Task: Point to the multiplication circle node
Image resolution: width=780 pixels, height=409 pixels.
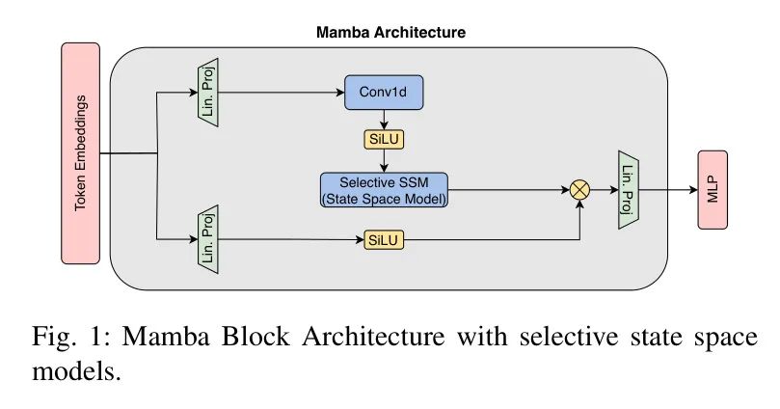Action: pos(579,190)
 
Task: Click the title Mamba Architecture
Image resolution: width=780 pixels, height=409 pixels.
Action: pos(390,32)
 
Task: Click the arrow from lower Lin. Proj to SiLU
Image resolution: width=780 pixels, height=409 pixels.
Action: pos(289,238)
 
